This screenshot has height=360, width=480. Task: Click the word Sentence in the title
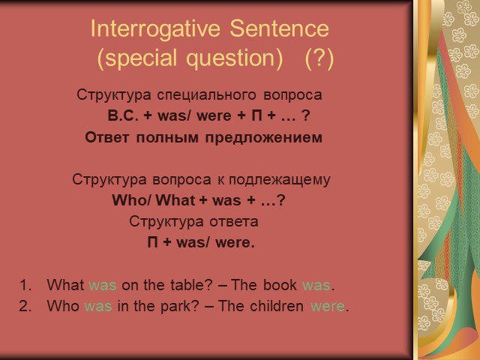279,28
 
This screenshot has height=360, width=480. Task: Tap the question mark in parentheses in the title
319,58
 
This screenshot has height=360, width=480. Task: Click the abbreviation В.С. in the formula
123,115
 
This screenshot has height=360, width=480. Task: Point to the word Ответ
106,137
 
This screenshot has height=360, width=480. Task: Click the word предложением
263,138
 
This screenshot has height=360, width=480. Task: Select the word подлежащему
280,180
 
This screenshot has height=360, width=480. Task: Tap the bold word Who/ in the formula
132,200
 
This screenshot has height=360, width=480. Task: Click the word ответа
234,222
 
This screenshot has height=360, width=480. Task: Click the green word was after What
102,285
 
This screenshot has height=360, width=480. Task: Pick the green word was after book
316,285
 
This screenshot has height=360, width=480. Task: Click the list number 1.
25,285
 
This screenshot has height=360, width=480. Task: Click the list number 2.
25,306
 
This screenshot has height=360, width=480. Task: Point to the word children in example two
277,306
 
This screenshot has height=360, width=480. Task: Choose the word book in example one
280,284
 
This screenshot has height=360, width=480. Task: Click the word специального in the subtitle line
207,95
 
